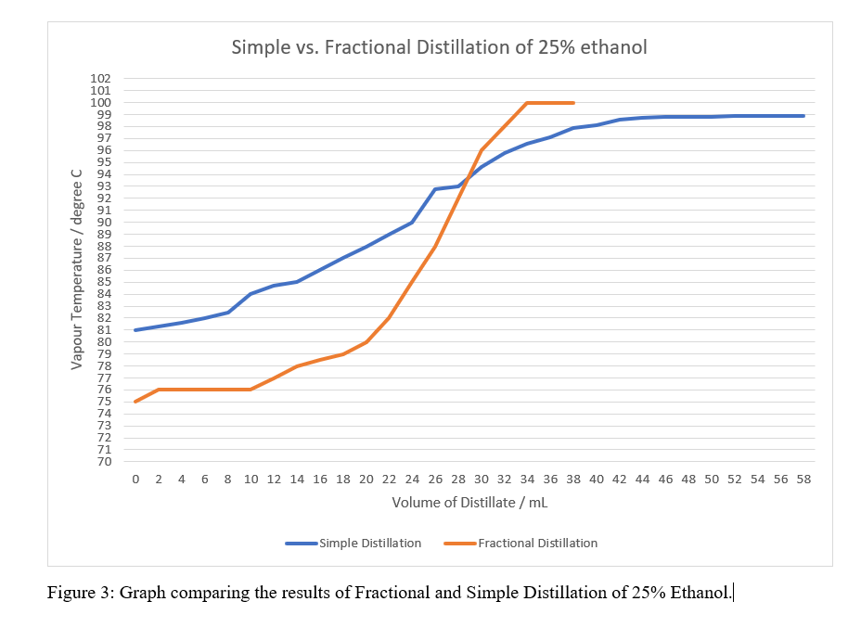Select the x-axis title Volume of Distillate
(x=470, y=503)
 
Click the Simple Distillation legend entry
(x=369, y=543)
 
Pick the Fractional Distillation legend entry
(x=537, y=543)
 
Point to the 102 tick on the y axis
(x=100, y=79)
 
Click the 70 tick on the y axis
(x=103, y=462)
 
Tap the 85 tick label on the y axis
(x=103, y=282)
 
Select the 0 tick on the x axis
(x=135, y=480)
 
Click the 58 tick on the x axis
(x=803, y=480)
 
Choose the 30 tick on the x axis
(x=482, y=480)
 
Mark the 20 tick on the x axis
(x=366, y=480)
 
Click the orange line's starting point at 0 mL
(x=135, y=402)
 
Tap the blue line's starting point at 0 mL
(x=135, y=330)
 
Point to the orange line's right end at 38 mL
(x=573, y=103)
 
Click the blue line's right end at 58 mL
(x=803, y=116)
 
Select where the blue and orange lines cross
(x=467, y=179)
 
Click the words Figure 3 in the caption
(x=80, y=593)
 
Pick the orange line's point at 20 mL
(x=366, y=342)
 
